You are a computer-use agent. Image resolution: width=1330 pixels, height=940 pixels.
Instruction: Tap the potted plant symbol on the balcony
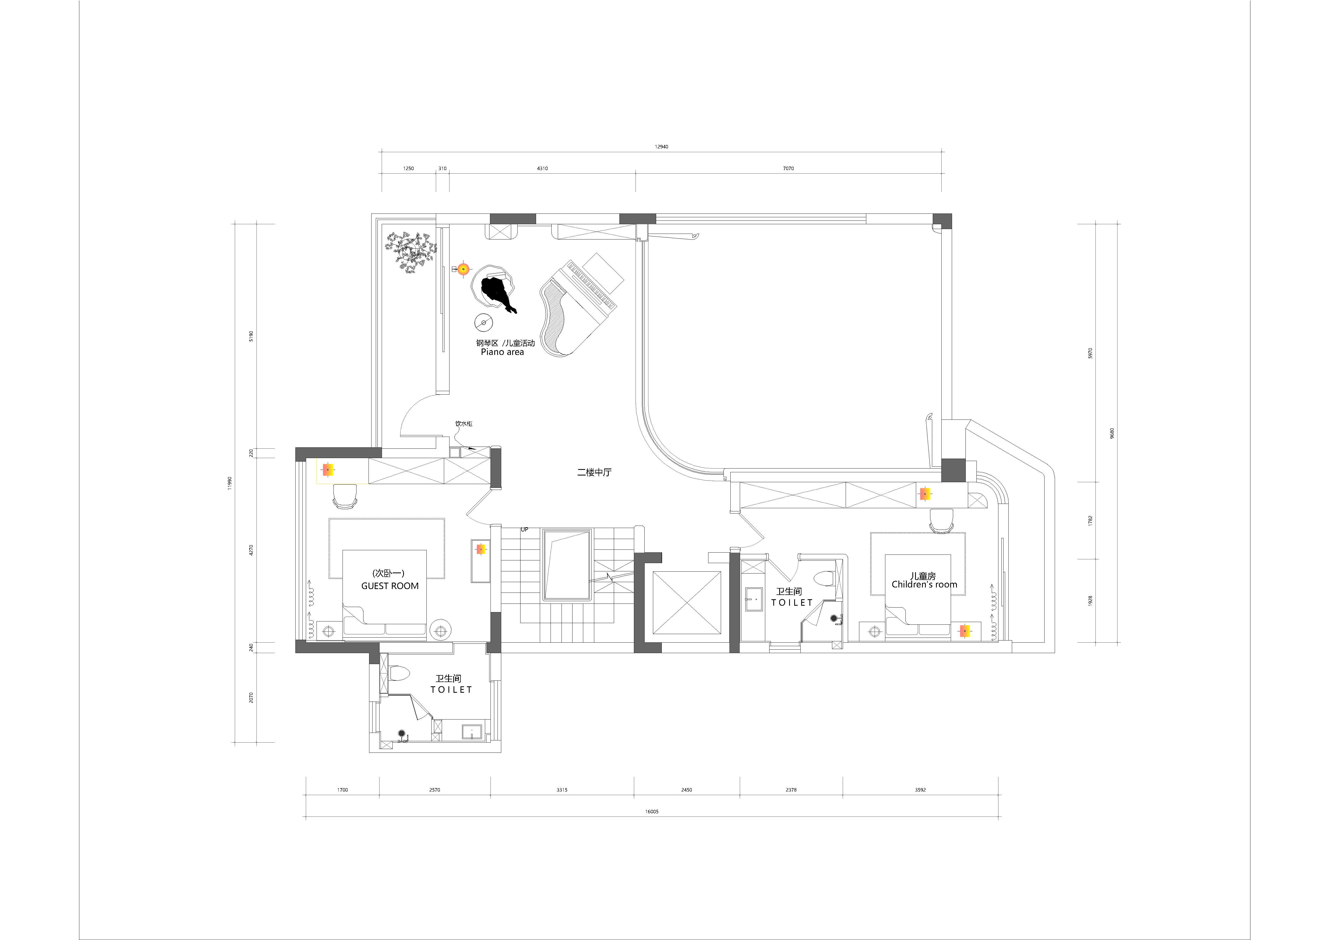411,252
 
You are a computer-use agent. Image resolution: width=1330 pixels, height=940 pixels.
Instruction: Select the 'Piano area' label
502,352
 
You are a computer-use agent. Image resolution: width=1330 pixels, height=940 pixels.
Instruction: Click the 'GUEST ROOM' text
390,586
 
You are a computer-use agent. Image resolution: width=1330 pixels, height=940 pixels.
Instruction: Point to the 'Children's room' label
924,585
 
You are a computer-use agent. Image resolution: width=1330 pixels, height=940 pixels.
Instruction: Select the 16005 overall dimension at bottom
652,811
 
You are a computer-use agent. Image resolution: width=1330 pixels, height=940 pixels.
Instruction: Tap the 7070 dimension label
788,168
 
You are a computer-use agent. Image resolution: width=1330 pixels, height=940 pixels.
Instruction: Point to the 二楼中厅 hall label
594,472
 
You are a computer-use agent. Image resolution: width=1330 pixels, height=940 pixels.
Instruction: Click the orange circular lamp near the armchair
463,269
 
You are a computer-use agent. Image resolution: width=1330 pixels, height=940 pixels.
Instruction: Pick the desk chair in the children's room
941,521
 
